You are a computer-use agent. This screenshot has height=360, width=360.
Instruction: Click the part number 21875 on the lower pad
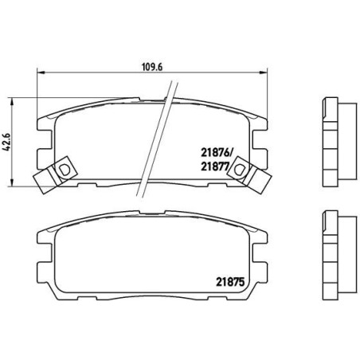[229, 279]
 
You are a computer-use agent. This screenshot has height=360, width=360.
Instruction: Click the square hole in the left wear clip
[63, 169]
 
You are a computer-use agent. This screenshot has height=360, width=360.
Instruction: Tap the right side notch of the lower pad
[260, 259]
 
